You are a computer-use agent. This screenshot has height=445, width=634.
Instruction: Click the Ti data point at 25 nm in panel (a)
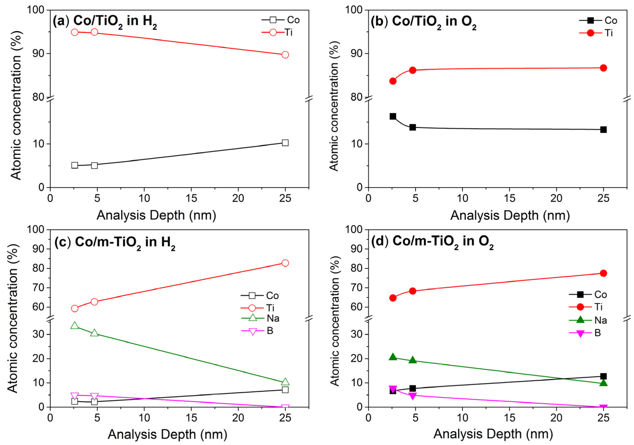click(285, 55)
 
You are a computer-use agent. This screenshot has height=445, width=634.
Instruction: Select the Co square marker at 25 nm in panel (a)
click(285, 143)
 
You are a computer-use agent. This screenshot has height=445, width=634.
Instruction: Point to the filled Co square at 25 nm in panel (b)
click(603, 130)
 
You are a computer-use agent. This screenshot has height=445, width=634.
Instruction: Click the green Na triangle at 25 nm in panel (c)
click(285, 382)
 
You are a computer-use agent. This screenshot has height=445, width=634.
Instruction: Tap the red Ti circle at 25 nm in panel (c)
click(285, 263)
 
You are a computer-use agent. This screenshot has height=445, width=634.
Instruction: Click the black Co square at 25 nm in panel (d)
click(603, 376)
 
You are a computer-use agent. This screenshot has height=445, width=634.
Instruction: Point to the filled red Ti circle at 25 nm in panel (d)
click(603, 273)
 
